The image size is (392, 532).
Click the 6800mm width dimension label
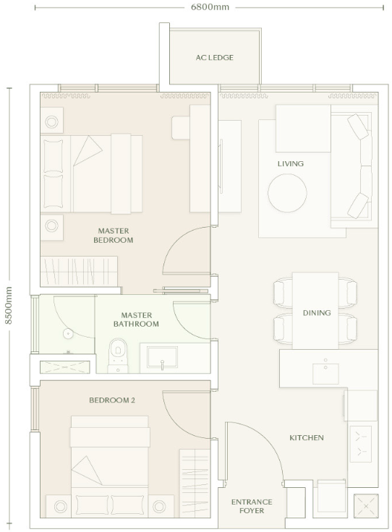coord(210,7)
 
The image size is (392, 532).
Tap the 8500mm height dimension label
coord(9,305)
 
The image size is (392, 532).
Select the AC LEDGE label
coord(215,57)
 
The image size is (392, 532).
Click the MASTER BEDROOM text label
coord(114,236)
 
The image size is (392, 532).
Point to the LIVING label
coord(291,163)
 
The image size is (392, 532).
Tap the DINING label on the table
coord(317,312)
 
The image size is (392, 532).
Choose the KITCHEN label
coord(307,438)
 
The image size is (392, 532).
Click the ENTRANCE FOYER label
coord(252,506)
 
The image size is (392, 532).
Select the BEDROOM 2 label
coord(112,400)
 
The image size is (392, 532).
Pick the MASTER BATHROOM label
coord(136,319)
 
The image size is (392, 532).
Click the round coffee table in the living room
coord(287,193)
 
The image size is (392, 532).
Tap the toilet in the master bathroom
coord(118,355)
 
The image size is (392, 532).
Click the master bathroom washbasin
coord(162,357)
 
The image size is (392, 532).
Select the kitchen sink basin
coord(325,374)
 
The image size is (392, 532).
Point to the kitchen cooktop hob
coord(360,444)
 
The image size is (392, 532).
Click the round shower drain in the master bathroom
coord(68,333)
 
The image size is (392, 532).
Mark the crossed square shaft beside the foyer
coord(366,506)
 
